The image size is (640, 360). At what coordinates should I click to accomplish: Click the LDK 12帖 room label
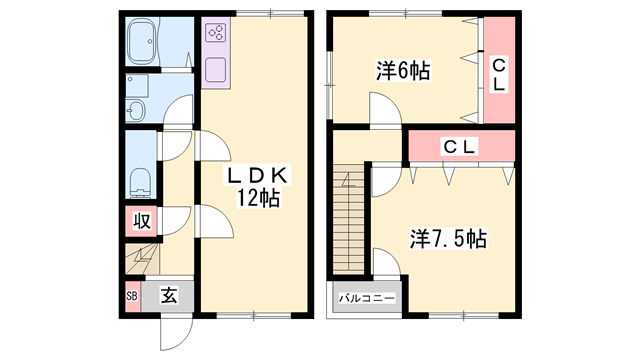[258, 187]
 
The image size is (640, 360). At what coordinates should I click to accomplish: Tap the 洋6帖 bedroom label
[403, 71]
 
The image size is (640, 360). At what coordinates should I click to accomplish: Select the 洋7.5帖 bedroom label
[448, 239]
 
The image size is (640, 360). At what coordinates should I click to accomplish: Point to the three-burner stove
[216, 33]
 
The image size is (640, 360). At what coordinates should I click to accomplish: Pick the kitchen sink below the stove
[216, 69]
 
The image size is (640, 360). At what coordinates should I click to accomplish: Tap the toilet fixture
[140, 182]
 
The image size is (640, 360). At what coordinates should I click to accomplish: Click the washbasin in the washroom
[136, 109]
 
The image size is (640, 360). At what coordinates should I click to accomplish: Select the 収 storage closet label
[142, 221]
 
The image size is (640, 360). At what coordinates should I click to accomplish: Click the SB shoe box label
[132, 296]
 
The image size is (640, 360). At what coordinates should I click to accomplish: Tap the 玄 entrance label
[169, 296]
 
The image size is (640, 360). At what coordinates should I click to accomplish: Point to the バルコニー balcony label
[367, 298]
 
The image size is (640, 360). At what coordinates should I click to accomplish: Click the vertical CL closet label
[498, 75]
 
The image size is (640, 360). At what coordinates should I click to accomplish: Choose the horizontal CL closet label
[460, 147]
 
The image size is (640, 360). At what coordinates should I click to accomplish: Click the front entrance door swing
[176, 333]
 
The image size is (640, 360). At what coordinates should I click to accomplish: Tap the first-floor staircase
[142, 259]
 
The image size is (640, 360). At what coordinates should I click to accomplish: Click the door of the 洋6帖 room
[385, 110]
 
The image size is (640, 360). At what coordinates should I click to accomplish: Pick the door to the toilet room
[175, 145]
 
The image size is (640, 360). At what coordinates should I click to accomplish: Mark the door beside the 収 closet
[175, 221]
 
